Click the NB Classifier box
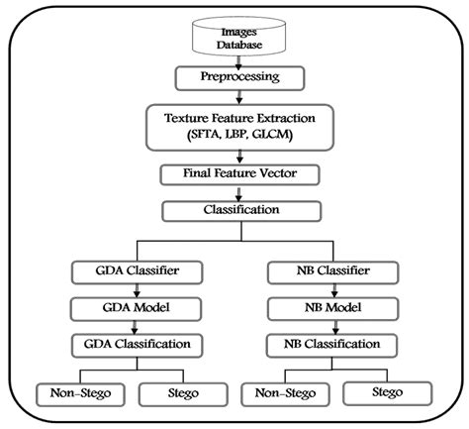pos(334,270)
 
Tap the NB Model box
pos(334,307)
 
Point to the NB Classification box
pos(334,344)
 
